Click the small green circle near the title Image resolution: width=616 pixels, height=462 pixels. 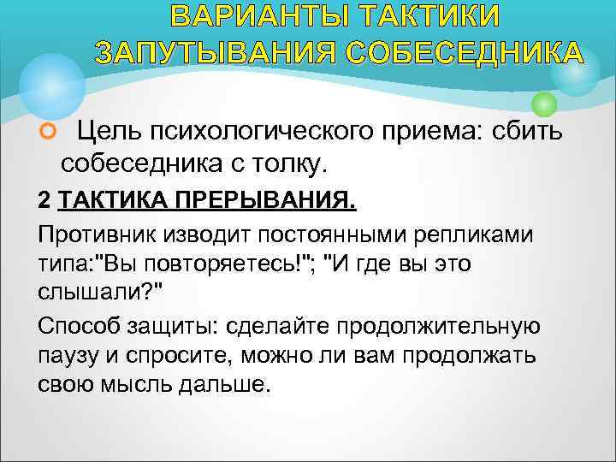[x=543, y=104]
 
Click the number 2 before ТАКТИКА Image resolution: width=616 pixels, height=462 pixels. [x=44, y=201]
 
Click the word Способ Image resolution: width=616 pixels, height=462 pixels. [x=78, y=325]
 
